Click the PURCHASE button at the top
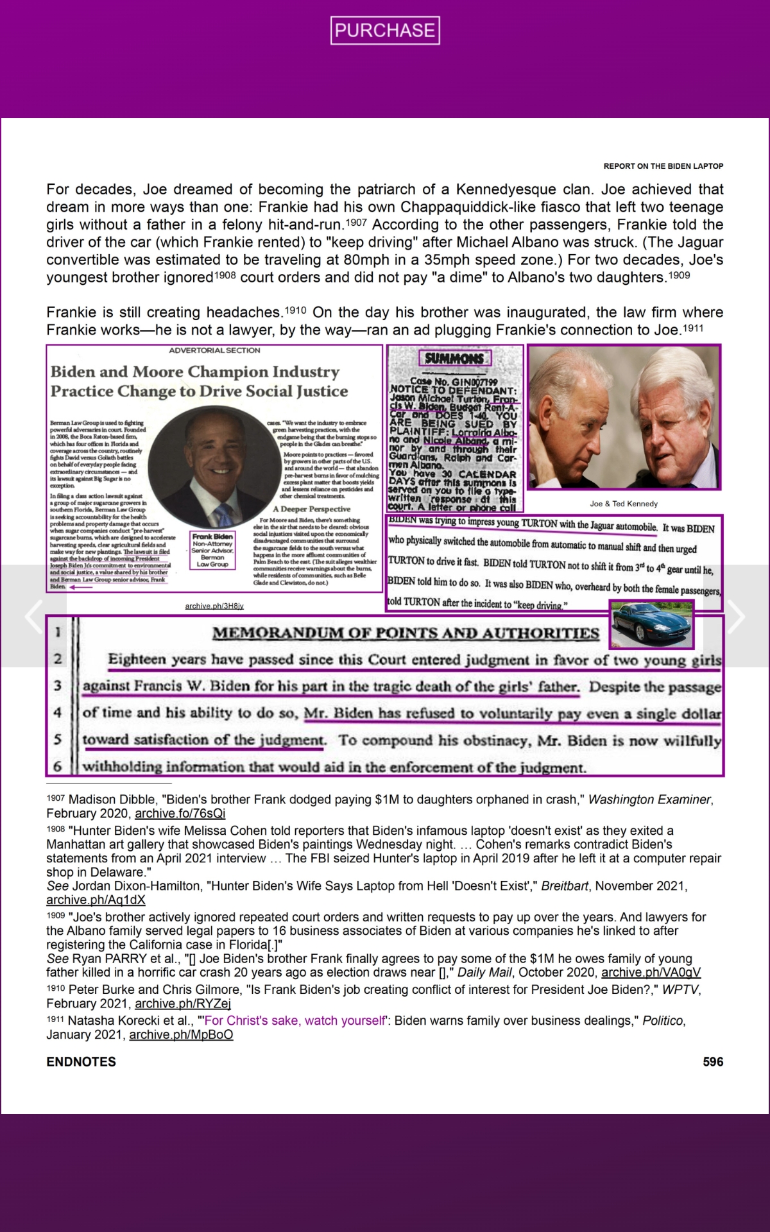[385, 30]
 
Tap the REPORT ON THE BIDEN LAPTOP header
[663, 166]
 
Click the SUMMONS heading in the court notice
[454, 358]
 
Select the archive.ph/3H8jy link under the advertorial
[214, 606]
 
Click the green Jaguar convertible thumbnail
[652, 625]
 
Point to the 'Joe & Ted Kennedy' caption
[624, 504]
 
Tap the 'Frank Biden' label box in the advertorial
[212, 551]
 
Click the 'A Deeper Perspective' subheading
[312, 509]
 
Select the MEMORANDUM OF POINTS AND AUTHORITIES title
[406, 633]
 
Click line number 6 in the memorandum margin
[58, 766]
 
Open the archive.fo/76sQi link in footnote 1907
[180, 814]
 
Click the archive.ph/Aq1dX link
[96, 900]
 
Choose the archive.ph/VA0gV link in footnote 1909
[651, 973]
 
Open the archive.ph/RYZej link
[182, 1004]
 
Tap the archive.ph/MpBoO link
[181, 1034]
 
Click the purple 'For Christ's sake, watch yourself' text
[295, 1021]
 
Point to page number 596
[713, 1062]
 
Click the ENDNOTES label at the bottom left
[81, 1062]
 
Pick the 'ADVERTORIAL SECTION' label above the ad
[214, 350]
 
